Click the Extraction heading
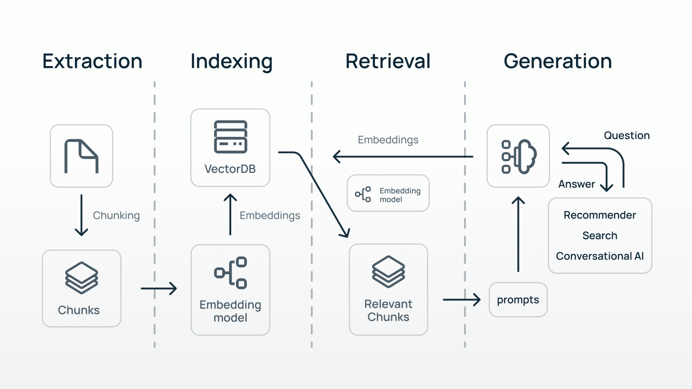[x=92, y=61]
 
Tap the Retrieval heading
[x=388, y=61]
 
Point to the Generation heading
[x=558, y=61]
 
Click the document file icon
[x=81, y=156]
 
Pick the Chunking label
[x=116, y=216]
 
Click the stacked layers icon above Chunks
[x=82, y=278]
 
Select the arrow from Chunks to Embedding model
[x=159, y=288]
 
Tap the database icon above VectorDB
[x=231, y=137]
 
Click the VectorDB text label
[x=230, y=169]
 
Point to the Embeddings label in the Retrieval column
[x=388, y=140]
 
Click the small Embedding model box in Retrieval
[x=388, y=193]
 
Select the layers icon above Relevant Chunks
[x=388, y=272]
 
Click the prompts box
[x=518, y=300]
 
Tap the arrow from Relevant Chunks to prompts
[x=461, y=299]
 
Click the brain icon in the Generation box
[x=519, y=157]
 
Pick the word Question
[x=627, y=135]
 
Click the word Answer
[x=577, y=184]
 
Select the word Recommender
[x=600, y=215]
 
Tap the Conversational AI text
[x=600, y=256]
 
